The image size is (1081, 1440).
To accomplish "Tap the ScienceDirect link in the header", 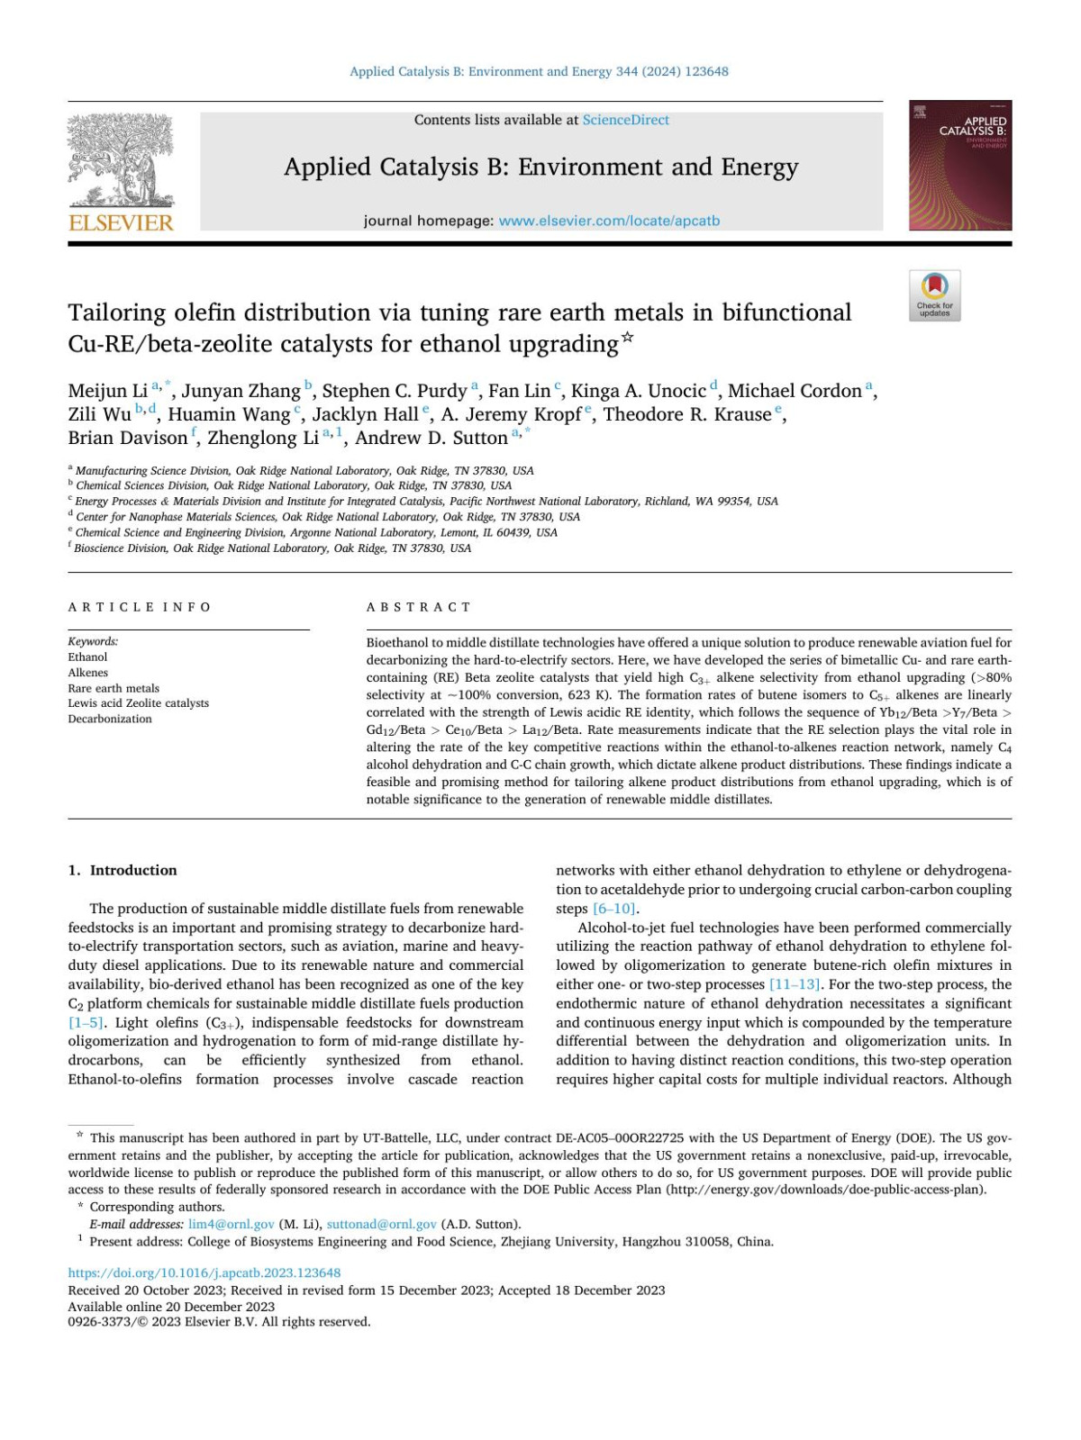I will tap(625, 120).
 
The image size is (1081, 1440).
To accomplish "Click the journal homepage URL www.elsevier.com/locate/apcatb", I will tap(609, 221).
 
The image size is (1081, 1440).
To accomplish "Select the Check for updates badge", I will tap(934, 295).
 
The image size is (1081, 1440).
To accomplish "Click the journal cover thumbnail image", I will tap(959, 166).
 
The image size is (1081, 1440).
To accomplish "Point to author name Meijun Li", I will tap(107, 391).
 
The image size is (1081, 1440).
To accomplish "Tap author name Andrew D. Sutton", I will tap(431, 438).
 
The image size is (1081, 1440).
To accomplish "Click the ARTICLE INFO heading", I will tap(140, 607).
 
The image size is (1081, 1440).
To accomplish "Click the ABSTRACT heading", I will tap(419, 607).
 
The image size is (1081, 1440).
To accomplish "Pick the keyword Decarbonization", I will tap(110, 719).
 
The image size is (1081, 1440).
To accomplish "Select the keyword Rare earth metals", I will tap(114, 688).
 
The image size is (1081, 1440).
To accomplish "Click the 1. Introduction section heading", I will tap(123, 870).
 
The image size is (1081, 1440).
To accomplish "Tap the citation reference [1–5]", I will tap(86, 1022).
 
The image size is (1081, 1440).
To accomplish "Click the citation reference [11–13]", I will tap(794, 984).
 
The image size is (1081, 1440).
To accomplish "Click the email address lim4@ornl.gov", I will tap(231, 1224).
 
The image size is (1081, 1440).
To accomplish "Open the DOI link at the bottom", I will tap(204, 1273).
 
